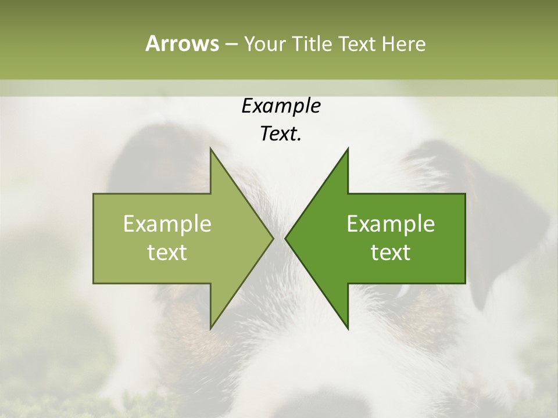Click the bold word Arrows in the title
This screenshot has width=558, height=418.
[182, 44]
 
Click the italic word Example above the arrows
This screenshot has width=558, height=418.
[281, 106]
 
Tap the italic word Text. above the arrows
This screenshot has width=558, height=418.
[281, 134]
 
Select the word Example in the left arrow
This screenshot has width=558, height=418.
[167, 224]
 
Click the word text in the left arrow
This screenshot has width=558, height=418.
[167, 253]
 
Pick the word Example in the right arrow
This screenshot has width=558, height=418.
[391, 224]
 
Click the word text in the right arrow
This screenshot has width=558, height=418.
[391, 253]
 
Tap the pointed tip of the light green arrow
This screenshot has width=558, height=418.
[272, 238]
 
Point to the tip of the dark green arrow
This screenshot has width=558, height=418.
[287, 238]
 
